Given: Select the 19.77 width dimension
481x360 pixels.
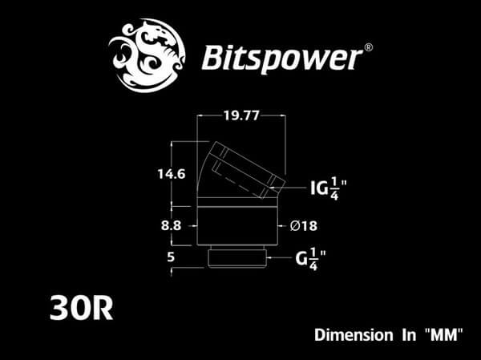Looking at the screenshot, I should [240, 115].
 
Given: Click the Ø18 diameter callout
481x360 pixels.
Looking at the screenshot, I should [305, 226].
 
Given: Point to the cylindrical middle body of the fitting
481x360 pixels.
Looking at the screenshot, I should [240, 226].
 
